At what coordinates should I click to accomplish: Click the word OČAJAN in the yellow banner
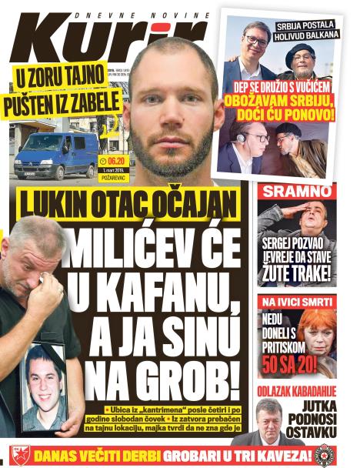coord(198,204)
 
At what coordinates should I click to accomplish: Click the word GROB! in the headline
coord(182,377)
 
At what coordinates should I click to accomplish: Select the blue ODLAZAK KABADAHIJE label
coord(296,389)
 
